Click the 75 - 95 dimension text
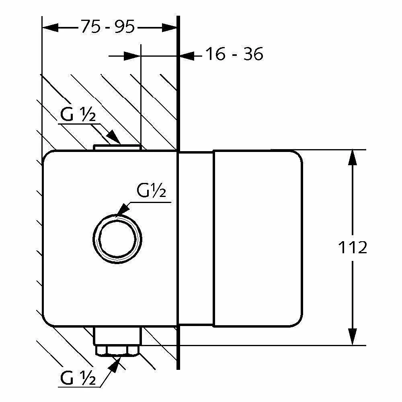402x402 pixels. coord(108,27)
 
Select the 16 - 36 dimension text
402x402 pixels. coord(234,54)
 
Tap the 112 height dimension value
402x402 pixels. coord(353,248)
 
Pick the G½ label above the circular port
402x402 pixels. coord(151,191)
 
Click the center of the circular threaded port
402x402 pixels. coord(117,239)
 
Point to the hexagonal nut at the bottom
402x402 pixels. coord(117,351)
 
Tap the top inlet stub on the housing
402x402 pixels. coord(117,148)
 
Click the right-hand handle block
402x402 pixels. coord(258,238)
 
